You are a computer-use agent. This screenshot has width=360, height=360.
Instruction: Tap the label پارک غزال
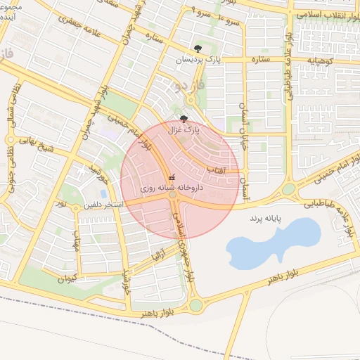coord(184,130)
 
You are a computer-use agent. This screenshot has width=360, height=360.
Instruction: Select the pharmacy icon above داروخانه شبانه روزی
coord(172,178)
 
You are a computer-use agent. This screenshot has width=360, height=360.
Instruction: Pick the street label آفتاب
coord(215,169)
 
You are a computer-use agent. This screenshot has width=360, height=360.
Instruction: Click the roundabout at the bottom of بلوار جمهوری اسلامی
coord(195,305)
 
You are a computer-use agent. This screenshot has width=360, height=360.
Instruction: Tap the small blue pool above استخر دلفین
coord(104,193)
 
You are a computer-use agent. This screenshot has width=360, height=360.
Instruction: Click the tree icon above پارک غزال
coord(184,119)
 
